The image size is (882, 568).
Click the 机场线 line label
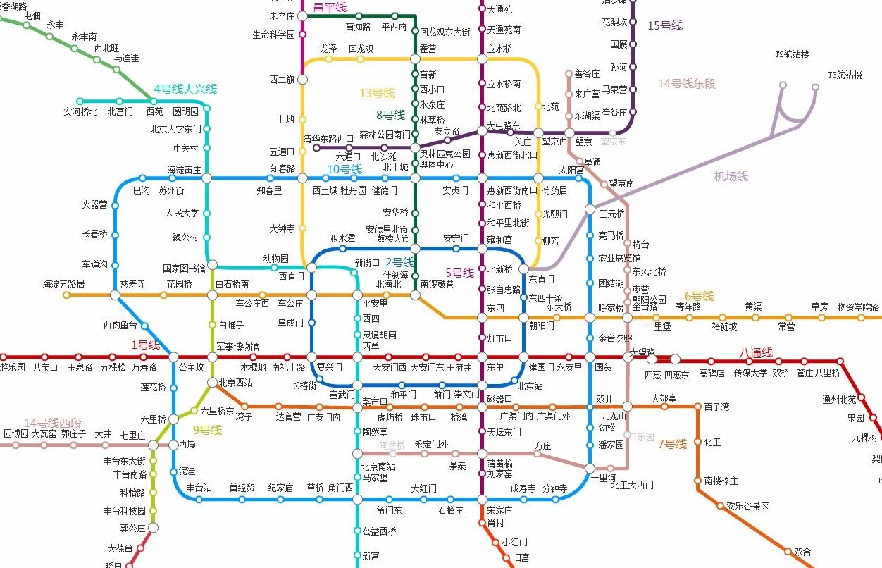[x=731, y=176]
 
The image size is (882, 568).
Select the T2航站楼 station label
[x=792, y=54]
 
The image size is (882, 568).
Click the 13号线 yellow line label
[x=377, y=93]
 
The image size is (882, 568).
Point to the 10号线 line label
[x=344, y=169]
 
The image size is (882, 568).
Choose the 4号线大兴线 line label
[x=185, y=89]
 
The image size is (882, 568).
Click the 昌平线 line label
[x=330, y=7]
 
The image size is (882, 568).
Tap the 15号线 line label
[x=665, y=25]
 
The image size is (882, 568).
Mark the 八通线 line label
[x=755, y=352]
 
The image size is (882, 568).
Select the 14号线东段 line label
[x=686, y=83]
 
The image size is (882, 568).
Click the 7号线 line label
[x=671, y=444]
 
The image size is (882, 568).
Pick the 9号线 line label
[x=207, y=429]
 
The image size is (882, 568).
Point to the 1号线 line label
[x=146, y=345]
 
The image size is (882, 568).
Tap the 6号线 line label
[x=699, y=296]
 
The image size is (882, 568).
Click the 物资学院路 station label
[x=858, y=307]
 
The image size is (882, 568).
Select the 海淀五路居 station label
[x=63, y=284]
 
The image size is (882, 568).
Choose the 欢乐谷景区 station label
[x=747, y=506]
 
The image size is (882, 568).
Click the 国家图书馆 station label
[x=184, y=268]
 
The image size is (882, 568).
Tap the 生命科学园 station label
[x=273, y=34]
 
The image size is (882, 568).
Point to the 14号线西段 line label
[x=53, y=422]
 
